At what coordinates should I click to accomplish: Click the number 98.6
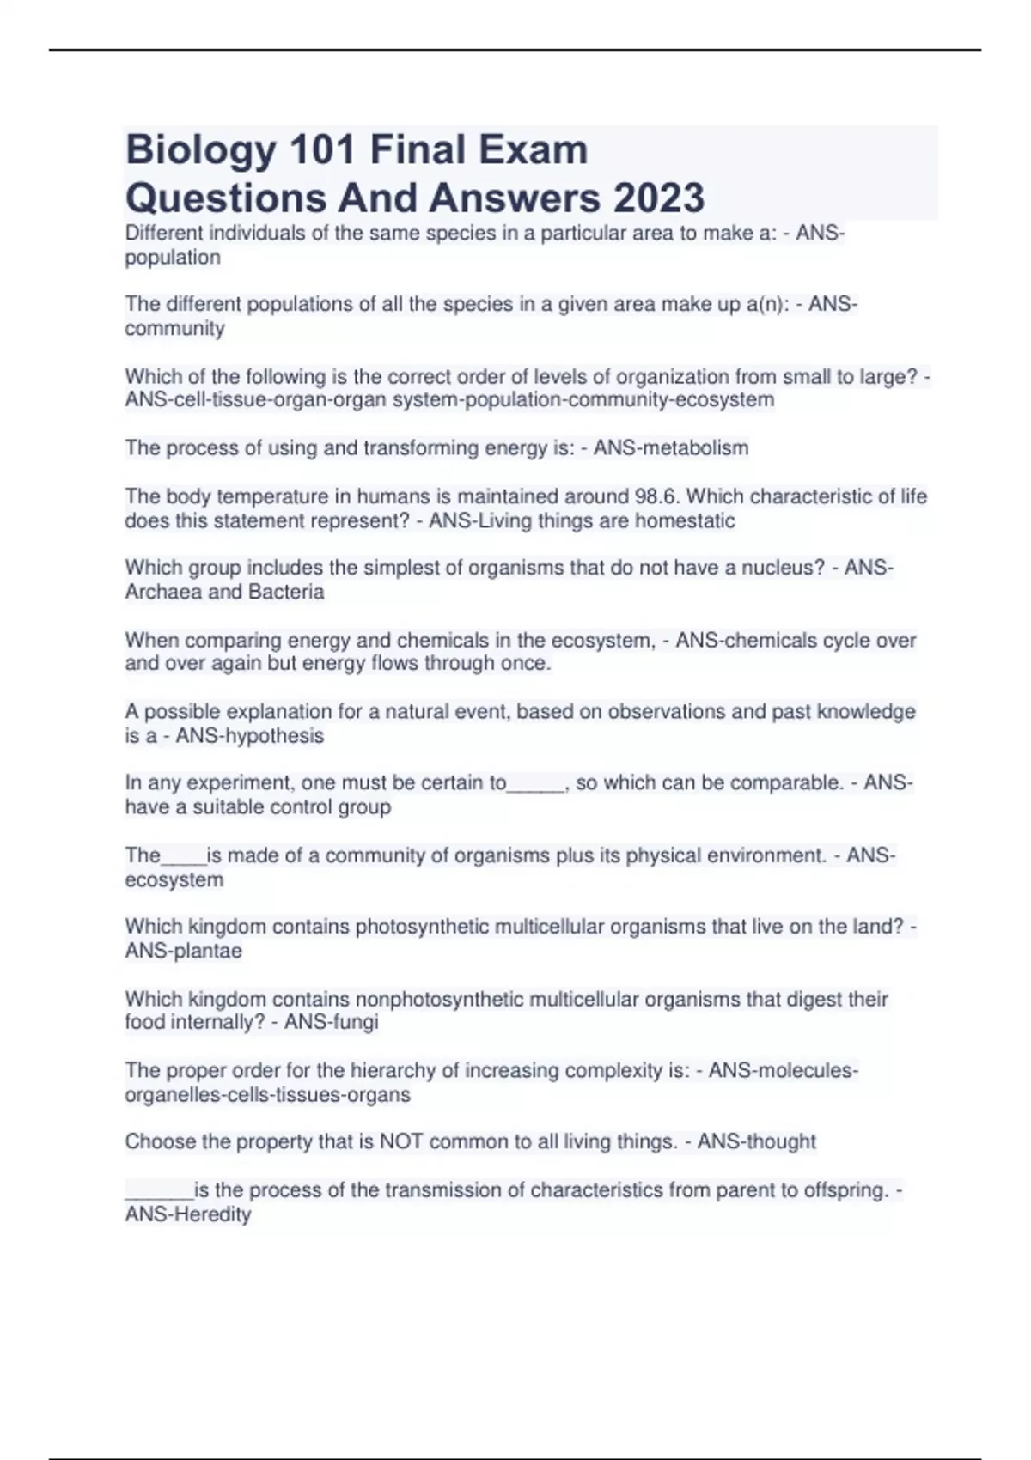[x=657, y=496]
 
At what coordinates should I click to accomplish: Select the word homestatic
[x=685, y=520]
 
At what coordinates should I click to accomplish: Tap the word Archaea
[x=163, y=592]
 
